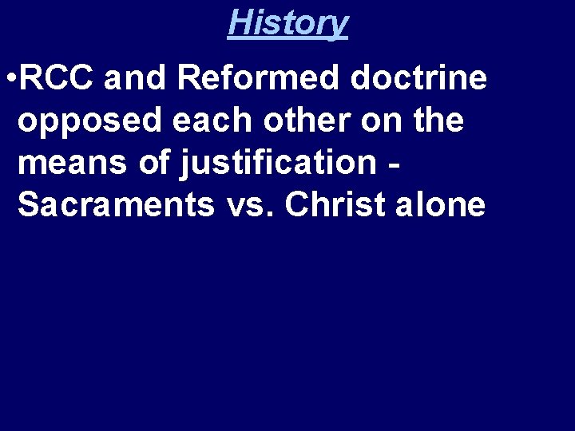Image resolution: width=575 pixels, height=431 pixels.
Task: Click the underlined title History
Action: pyautogui.click(x=287, y=22)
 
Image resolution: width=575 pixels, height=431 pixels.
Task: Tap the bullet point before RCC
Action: pyautogui.click(x=10, y=80)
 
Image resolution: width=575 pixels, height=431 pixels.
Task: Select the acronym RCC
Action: pyautogui.click(x=57, y=79)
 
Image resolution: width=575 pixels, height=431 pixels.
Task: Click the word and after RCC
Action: pyautogui.click(x=135, y=79)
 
